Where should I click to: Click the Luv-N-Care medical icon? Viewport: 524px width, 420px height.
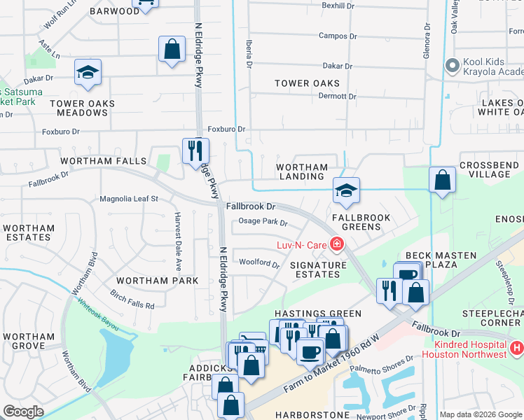point(337,244)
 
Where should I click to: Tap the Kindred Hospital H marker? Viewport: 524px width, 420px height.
point(517,348)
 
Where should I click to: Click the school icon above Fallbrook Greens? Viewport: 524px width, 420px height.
point(345,190)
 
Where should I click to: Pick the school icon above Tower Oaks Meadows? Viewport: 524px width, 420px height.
point(88,72)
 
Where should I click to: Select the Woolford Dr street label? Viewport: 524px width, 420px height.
point(259,264)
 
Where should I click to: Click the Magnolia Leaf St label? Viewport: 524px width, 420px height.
point(129,199)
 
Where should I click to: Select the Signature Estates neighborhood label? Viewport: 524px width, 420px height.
point(318,270)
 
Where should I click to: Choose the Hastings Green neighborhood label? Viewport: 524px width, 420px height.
point(318,314)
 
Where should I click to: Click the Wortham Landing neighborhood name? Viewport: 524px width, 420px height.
point(302,171)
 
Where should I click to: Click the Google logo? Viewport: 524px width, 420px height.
point(23,412)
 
